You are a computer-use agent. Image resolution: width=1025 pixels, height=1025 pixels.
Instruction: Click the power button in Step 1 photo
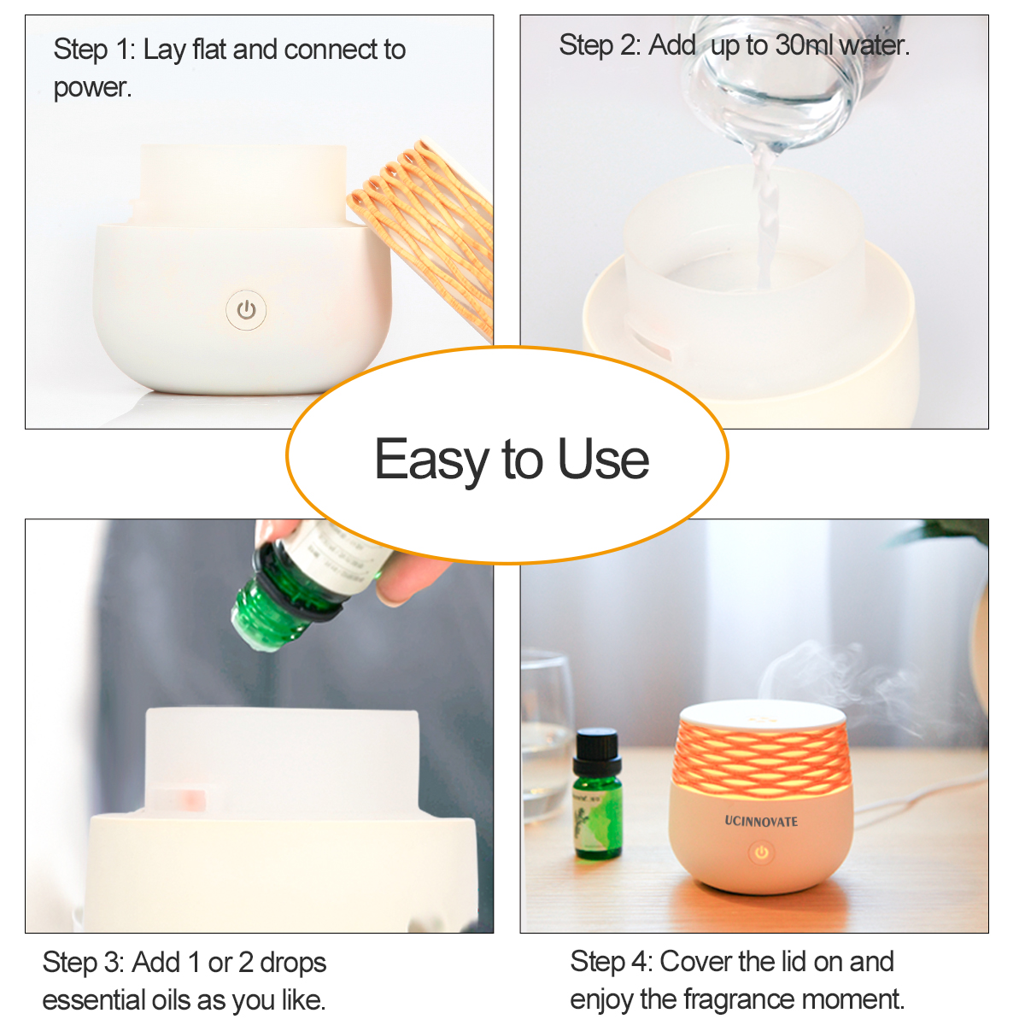[x=246, y=310]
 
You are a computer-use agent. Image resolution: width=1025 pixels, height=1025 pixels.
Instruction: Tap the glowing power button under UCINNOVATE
[x=761, y=852]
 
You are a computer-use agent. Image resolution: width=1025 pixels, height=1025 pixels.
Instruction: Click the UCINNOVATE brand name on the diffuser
[x=761, y=822]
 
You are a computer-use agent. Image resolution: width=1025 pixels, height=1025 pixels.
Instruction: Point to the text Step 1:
[x=94, y=50]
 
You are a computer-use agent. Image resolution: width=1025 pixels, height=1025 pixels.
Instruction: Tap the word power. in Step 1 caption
[x=92, y=87]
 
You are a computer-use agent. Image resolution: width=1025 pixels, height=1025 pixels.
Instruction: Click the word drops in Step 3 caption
[x=293, y=963]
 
